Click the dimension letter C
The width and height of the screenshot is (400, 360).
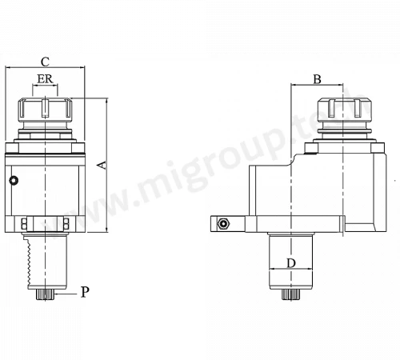[45, 62]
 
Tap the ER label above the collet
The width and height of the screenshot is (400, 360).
[45, 79]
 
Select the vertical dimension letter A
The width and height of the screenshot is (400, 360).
[102, 165]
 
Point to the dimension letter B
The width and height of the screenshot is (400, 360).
[317, 79]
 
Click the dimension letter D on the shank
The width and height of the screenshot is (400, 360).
[291, 263]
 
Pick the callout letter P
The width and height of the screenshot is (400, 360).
[85, 292]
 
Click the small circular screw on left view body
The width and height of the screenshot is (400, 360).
[14, 181]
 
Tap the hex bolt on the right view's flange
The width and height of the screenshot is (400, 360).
[222, 224]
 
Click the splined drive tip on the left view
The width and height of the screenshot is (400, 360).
[46, 294]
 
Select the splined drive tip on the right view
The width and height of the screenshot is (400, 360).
[290, 294]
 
